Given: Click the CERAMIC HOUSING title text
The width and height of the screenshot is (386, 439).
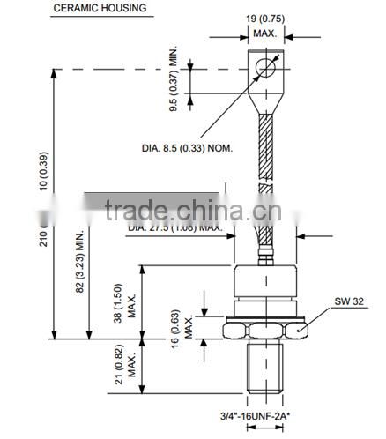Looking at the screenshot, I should click(102, 9).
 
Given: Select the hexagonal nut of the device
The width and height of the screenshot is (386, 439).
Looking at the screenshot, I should click(264, 327).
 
